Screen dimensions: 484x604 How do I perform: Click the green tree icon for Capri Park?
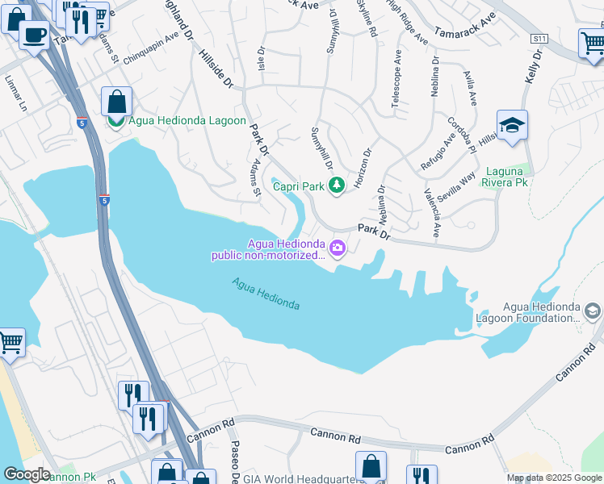click(x=337, y=186)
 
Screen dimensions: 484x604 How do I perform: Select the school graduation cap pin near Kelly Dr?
click(x=512, y=127)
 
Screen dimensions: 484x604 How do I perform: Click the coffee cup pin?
click(x=34, y=35)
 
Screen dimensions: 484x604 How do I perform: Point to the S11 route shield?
click(x=539, y=39)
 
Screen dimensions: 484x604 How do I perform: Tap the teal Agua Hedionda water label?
click(x=266, y=294)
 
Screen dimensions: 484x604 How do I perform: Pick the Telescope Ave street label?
click(x=396, y=77)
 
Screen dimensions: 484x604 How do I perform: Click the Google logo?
click(x=26, y=474)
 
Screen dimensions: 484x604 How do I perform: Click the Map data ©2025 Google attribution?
click(x=554, y=478)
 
